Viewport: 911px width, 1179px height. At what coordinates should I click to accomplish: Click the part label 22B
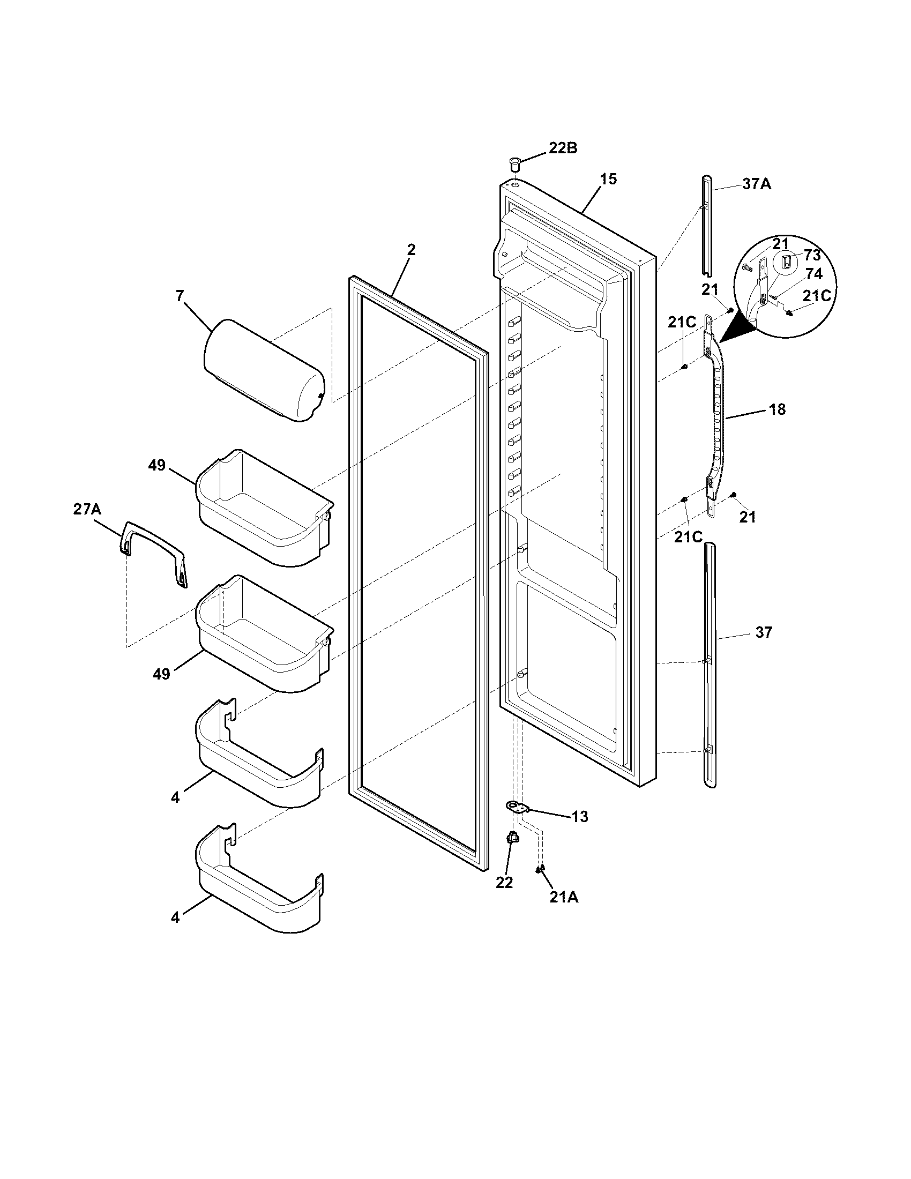563,148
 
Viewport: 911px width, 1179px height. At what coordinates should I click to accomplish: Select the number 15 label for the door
608,179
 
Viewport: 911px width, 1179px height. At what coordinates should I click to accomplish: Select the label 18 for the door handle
777,409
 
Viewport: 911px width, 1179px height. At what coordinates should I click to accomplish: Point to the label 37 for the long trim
764,632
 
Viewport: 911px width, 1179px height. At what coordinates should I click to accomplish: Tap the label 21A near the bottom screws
564,897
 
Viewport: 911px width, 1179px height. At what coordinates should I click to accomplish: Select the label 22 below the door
505,882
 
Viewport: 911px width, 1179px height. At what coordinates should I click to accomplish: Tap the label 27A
87,509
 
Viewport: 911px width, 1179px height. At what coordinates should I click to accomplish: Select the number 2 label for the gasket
411,249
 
